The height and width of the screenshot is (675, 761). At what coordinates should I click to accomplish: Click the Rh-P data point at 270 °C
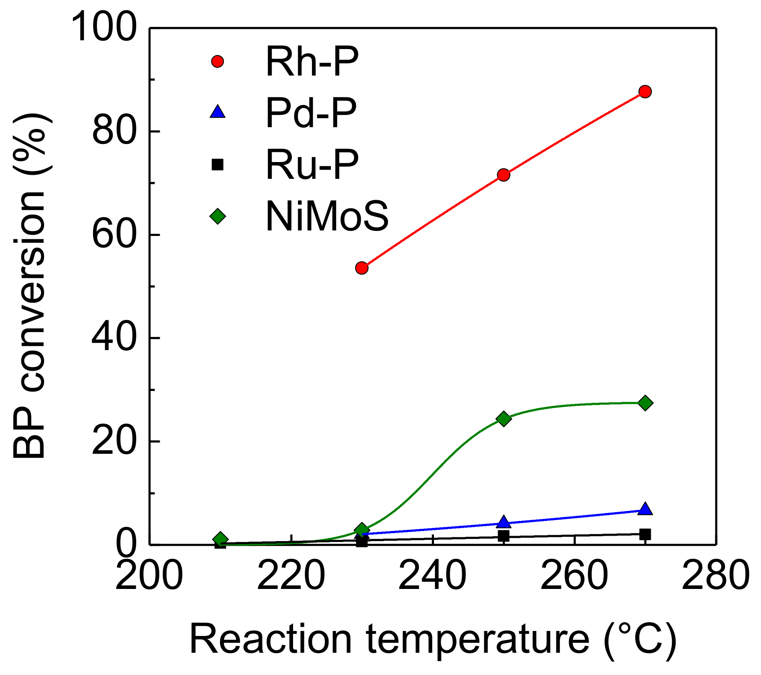pos(645,92)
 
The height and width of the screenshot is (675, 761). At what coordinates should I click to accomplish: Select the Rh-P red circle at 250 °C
pos(504,175)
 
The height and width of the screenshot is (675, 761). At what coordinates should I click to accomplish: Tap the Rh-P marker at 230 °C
pos(362,268)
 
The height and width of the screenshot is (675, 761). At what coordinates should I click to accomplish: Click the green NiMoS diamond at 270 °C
pos(645,403)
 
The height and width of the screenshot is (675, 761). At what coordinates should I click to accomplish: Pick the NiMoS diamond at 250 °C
pos(504,419)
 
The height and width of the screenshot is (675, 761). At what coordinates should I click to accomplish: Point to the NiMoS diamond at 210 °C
pos(220,540)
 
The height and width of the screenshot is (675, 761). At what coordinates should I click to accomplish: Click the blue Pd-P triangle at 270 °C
pos(645,509)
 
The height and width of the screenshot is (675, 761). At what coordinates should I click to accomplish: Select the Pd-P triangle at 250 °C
pos(504,522)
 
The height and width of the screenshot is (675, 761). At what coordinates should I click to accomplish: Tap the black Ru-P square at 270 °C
pos(645,534)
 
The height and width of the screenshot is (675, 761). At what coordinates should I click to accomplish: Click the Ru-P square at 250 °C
pos(504,536)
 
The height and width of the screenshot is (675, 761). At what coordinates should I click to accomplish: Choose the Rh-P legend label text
pos(312,62)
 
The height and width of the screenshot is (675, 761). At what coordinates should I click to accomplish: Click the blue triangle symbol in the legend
pos(218,112)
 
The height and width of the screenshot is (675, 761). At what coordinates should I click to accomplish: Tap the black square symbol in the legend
pos(218,164)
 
